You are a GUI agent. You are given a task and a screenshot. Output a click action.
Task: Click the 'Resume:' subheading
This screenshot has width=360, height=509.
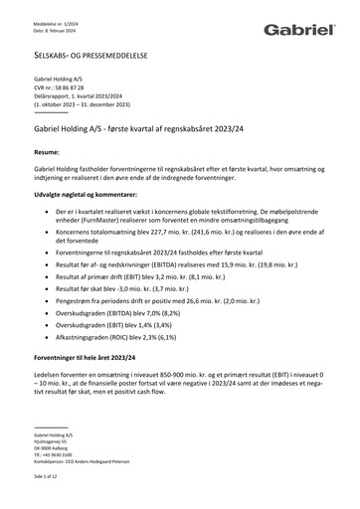coord(50,154)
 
